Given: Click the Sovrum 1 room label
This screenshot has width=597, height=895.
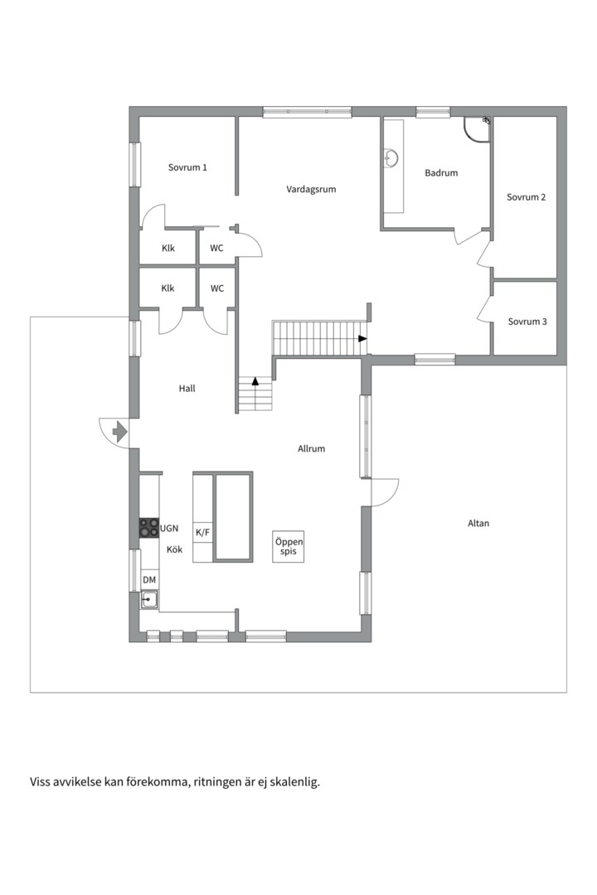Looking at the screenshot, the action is click(187, 167).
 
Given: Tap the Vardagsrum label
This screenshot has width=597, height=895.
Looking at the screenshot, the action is click(311, 190).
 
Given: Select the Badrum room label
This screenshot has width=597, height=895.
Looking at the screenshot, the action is click(441, 173).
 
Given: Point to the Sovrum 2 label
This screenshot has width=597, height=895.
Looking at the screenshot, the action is click(527, 197).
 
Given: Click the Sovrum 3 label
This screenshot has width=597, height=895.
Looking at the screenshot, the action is click(527, 322).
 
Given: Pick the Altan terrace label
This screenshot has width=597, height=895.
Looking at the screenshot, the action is click(478, 524).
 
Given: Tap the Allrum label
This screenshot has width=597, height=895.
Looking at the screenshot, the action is click(312, 449).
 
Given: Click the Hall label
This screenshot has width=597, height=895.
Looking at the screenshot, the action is click(187, 389).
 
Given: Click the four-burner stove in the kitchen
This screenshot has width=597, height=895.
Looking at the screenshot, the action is click(150, 528).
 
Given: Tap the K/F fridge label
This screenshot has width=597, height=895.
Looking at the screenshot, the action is click(203, 533).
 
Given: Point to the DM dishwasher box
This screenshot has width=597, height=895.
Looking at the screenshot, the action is click(149, 580).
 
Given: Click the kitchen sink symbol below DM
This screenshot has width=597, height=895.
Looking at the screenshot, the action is click(150, 600).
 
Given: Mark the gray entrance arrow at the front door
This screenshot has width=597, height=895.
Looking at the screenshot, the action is click(120, 431).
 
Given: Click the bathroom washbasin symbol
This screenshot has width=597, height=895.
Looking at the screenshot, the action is click(392, 157).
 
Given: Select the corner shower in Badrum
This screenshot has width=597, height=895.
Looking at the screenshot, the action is click(477, 129).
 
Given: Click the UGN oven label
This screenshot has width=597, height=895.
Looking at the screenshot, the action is click(169, 529).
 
